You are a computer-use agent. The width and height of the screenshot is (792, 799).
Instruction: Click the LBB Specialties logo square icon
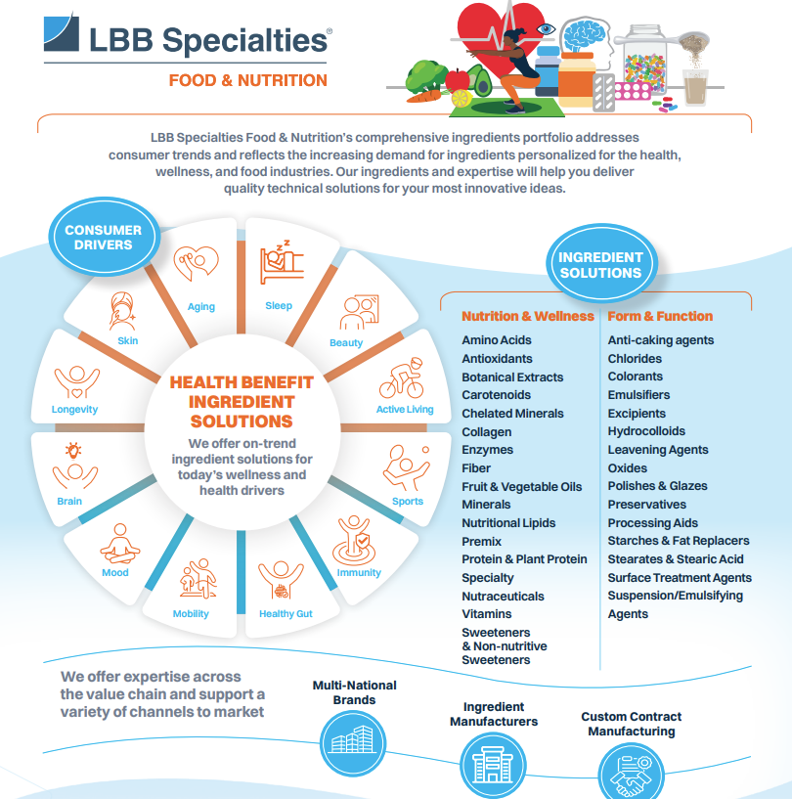62,33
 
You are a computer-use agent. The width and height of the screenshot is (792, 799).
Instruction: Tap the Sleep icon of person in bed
282,262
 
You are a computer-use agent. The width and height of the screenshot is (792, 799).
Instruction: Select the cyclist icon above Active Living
401,377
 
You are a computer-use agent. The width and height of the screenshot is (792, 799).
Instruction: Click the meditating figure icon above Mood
119,543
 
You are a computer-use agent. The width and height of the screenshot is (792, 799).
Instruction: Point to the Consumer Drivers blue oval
105,237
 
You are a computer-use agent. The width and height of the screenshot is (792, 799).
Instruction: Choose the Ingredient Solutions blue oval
601,264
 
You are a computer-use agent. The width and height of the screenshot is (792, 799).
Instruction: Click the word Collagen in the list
486,432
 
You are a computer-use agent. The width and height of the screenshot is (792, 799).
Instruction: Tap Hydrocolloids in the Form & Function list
646,431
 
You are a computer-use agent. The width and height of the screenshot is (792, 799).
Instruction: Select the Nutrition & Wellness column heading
528,316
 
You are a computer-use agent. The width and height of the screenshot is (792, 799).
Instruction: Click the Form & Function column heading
660,316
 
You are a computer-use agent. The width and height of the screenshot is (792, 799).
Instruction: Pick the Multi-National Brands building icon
353,743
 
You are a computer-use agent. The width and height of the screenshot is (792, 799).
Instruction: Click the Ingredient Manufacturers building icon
493,765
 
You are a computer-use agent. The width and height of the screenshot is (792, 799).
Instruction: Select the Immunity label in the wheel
359,572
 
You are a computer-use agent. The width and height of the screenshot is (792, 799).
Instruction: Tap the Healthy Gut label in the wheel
286,613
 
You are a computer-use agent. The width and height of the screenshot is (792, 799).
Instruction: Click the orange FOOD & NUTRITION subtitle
248,80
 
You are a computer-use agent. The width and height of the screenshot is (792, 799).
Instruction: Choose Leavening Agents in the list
658,450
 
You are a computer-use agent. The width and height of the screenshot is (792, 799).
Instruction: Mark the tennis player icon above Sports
407,467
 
